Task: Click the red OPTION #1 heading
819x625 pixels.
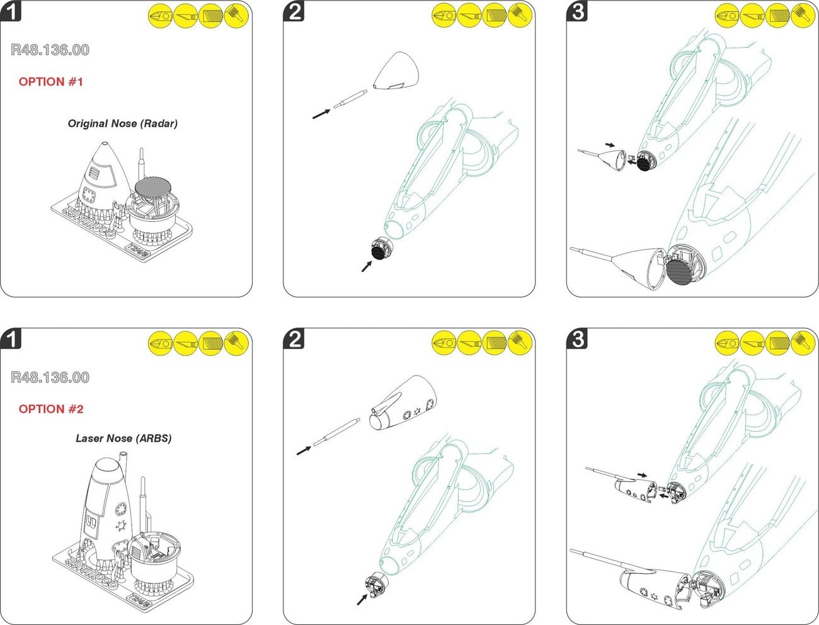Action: (50, 82)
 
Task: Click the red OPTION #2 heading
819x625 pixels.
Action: (50, 410)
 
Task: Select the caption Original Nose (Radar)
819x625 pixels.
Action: (123, 123)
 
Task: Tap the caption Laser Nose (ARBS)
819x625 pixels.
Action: (123, 439)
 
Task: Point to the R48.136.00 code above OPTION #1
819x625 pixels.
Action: (50, 50)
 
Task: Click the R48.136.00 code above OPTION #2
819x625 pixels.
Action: (50, 377)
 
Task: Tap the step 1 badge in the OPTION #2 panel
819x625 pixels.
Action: (11, 339)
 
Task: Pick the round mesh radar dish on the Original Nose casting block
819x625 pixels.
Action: (155, 188)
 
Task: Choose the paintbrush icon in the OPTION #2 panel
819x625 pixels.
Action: (237, 342)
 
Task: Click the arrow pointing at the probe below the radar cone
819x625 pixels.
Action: (321, 113)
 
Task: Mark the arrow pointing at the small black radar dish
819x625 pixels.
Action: (366, 267)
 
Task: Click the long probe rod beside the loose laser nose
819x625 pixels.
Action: (336, 432)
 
